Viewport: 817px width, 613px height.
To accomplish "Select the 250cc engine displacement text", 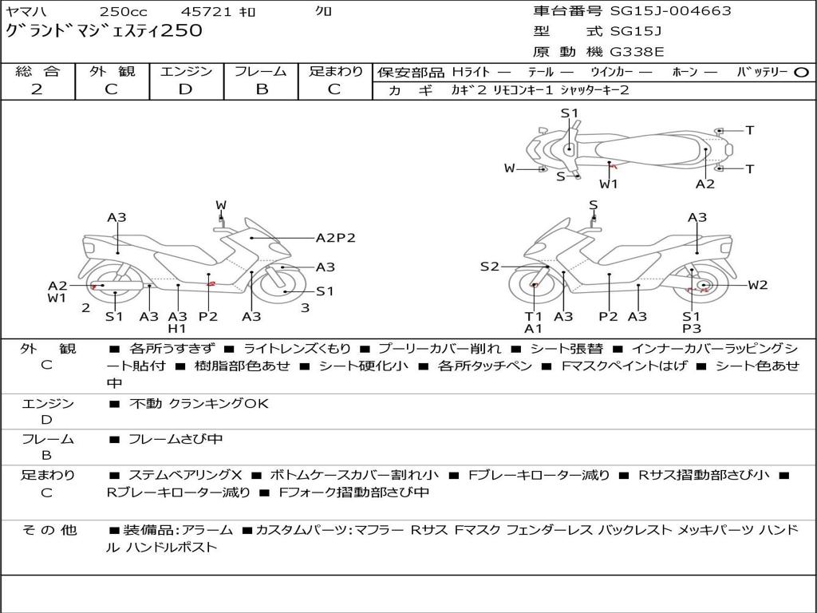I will [124, 12].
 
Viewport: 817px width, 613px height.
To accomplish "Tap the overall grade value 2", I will [37, 89].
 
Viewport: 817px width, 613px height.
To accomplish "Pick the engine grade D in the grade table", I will [185, 89].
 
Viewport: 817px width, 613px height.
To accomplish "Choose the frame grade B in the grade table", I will [261, 89].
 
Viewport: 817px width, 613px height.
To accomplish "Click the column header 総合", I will [37, 72].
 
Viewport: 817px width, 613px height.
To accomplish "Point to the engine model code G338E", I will [637, 52].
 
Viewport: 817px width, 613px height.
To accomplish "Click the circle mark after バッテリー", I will [801, 73].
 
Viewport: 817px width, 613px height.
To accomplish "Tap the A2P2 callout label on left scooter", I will [335, 238].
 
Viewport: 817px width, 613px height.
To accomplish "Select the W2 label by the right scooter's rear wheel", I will [757, 285].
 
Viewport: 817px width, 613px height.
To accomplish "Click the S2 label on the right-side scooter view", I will [489, 267].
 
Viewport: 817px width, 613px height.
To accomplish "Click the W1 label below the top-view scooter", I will [609, 184].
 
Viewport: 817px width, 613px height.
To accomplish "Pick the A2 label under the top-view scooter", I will [705, 184].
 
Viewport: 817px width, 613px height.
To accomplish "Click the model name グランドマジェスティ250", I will [104, 31].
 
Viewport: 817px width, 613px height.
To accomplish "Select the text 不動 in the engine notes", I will [144, 404].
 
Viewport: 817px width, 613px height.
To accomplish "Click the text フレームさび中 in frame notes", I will [176, 439].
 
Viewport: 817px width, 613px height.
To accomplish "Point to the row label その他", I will [47, 530].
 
